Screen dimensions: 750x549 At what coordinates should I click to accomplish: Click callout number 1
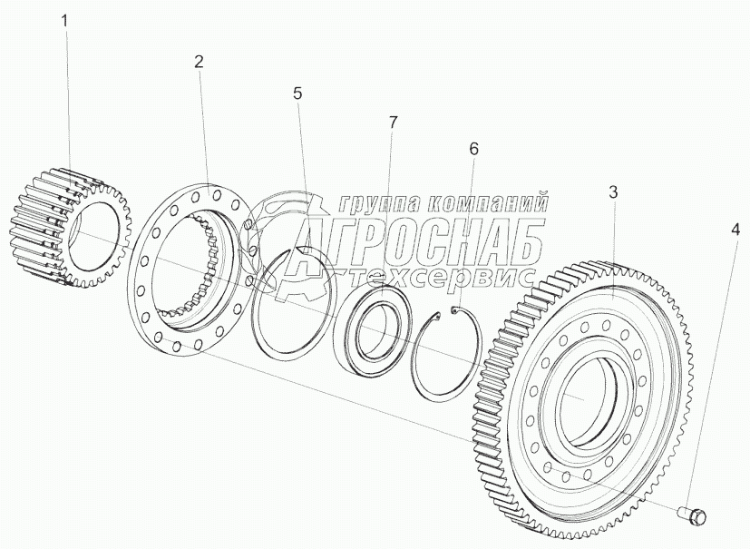(x=65, y=22)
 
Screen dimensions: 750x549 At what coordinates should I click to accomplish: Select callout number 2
(x=199, y=62)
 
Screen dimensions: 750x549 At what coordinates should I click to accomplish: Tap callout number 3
(x=613, y=192)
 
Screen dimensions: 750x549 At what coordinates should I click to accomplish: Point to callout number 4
(x=735, y=231)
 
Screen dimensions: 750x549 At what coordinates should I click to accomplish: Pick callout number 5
(x=297, y=93)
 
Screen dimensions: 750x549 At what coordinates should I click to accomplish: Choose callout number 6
(x=473, y=150)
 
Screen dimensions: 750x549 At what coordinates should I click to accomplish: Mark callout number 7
(x=392, y=123)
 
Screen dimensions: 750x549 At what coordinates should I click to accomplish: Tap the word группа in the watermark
(x=379, y=203)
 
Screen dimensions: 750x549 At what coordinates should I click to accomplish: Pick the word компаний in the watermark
(x=486, y=202)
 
